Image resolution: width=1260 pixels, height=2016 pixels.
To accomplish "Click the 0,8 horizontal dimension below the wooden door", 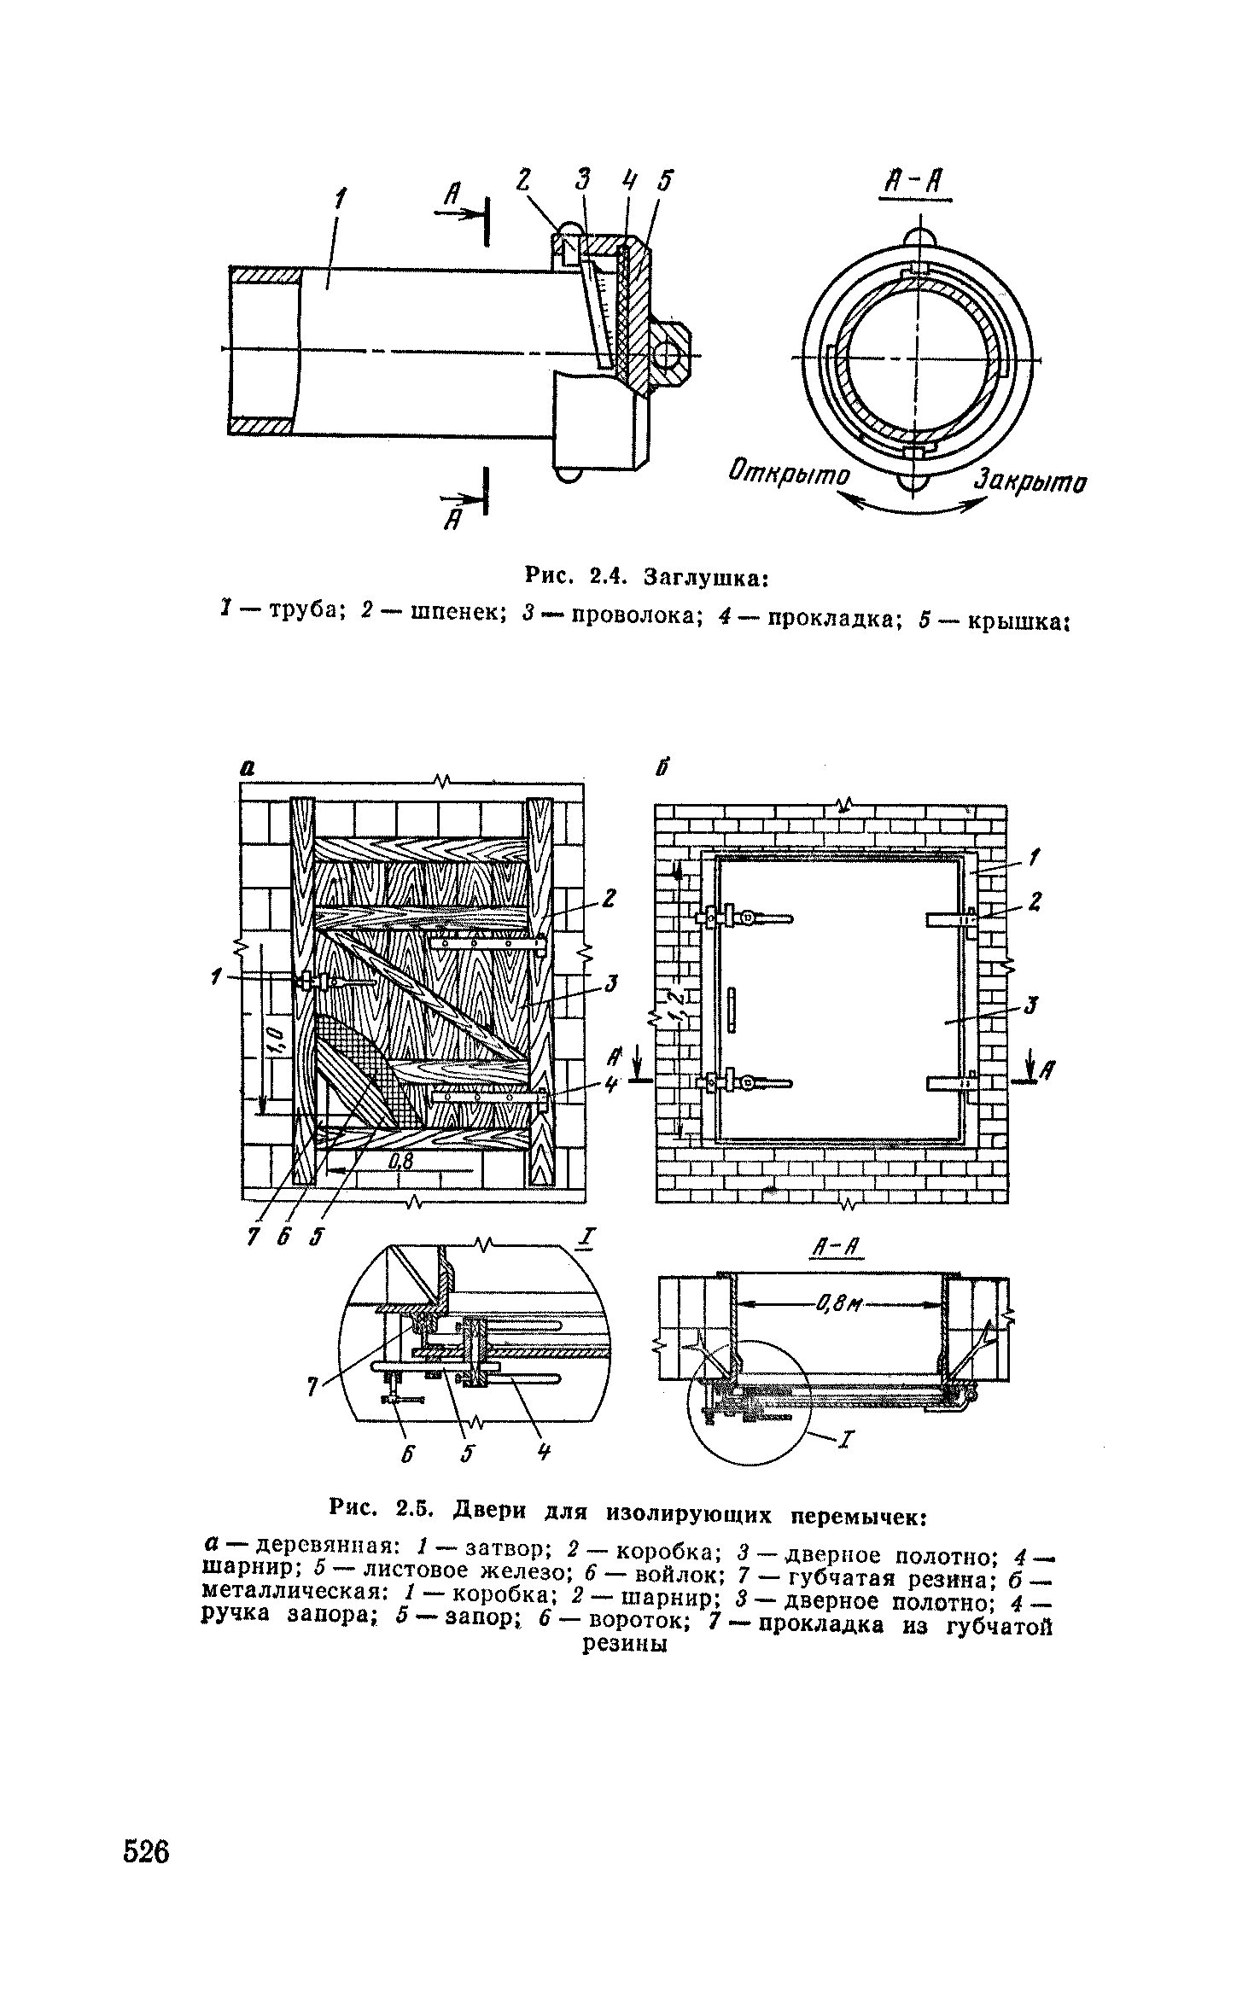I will tap(400, 1162).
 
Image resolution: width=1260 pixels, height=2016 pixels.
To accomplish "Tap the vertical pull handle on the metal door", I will tap(732, 1009).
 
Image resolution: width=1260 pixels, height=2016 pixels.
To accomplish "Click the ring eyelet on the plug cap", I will tap(668, 352).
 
